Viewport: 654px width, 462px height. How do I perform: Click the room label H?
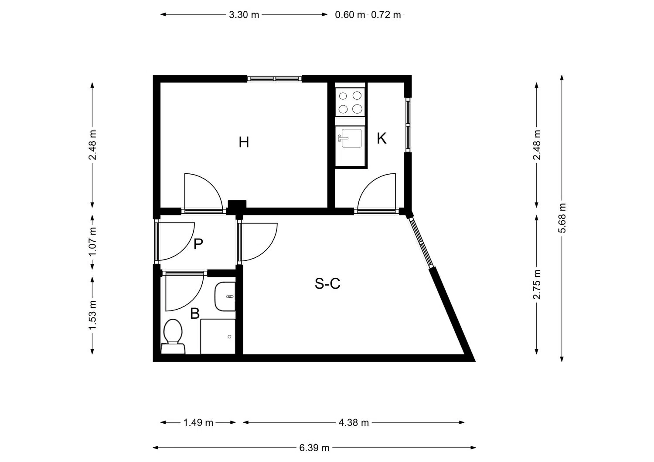click(244, 142)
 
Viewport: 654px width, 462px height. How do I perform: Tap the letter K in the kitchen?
click(381, 138)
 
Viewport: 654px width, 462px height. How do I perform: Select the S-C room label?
click(327, 283)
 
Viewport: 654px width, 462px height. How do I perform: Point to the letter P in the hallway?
click(198, 244)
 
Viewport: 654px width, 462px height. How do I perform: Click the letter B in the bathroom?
click(195, 314)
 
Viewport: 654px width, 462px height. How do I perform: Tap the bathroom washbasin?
click(225, 297)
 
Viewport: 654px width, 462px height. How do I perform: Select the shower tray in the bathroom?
click(218, 336)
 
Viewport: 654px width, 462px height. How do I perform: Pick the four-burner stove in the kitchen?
click(350, 102)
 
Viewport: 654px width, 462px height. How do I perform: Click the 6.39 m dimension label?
click(314, 448)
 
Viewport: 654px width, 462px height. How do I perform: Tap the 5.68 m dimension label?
click(562, 218)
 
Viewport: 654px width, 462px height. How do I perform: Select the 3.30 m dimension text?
click(244, 14)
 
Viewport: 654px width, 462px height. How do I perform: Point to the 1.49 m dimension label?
click(198, 422)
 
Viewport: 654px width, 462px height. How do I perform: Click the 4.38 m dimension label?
click(354, 422)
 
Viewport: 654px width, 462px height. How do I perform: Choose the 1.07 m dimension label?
click(92, 242)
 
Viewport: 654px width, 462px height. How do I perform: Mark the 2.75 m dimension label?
click(537, 284)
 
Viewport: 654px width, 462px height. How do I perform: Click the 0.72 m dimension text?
click(386, 14)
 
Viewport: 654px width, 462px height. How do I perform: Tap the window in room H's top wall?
click(274, 78)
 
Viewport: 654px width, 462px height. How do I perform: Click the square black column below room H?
click(237, 207)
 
